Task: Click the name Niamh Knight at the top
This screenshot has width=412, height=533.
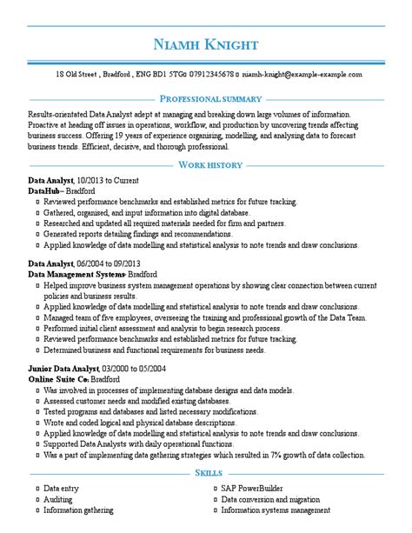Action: tap(205, 43)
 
